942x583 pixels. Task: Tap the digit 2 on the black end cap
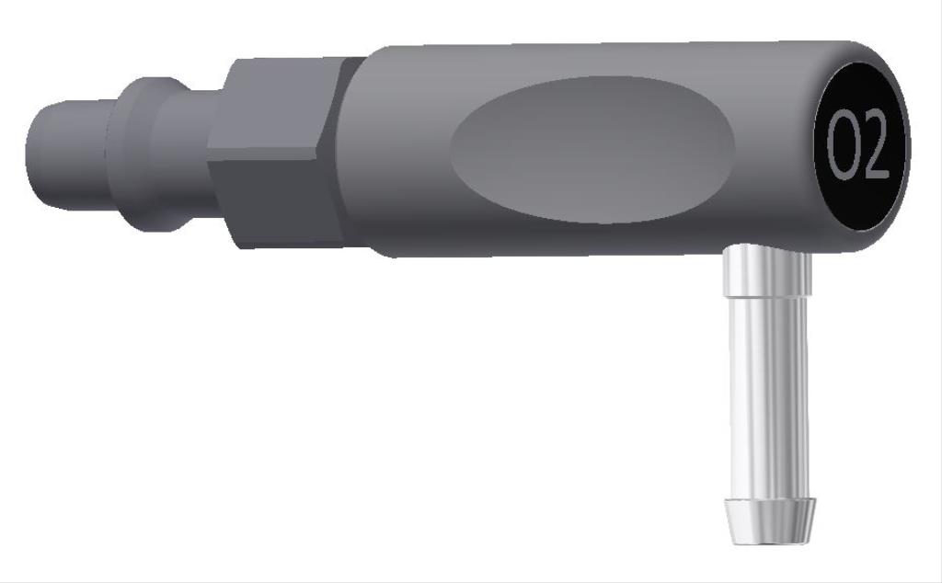click(x=874, y=147)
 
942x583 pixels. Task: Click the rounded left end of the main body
click(x=373, y=152)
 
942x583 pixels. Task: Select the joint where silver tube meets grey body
click(x=766, y=250)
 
